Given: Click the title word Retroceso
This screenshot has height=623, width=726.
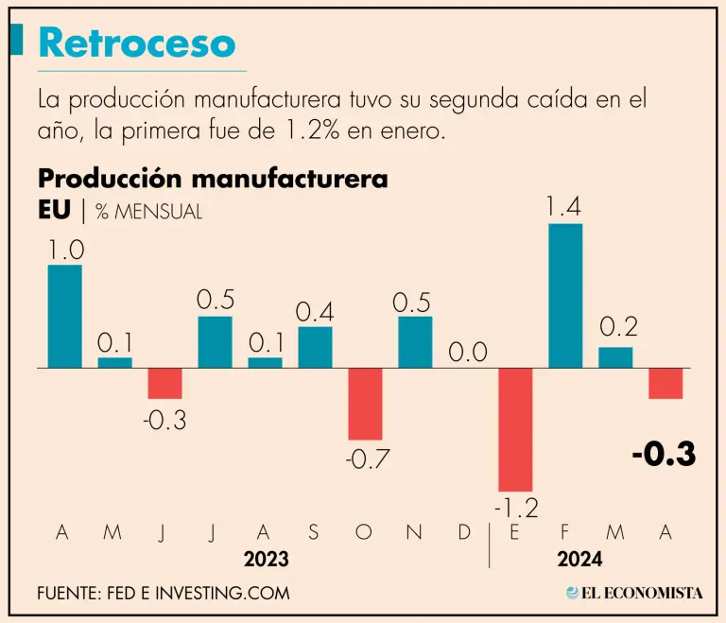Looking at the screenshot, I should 137,43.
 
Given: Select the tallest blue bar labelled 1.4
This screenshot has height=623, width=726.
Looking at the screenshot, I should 565,296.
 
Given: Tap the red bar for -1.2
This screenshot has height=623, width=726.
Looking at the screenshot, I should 515,428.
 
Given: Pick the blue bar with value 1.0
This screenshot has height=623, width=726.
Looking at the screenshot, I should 64,316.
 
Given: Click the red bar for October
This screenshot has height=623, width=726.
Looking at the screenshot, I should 365,404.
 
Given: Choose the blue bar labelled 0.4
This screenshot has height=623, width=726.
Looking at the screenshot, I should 315,347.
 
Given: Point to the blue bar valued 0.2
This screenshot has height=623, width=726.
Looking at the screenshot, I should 615,357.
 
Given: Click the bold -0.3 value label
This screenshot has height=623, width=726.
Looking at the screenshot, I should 664,455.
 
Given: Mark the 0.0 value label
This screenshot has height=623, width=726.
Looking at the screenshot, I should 465,353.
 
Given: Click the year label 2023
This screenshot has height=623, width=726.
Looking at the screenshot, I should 266,560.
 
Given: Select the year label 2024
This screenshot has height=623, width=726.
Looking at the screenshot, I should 579,560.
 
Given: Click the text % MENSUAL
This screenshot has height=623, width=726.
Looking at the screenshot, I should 148,212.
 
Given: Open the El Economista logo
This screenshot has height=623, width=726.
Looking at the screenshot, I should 634,593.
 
